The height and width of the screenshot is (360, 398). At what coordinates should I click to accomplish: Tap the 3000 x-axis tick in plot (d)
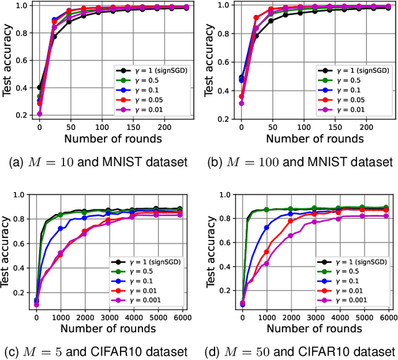[x=315, y=316]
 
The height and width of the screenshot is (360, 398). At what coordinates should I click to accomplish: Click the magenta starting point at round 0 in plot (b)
[x=242, y=103]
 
